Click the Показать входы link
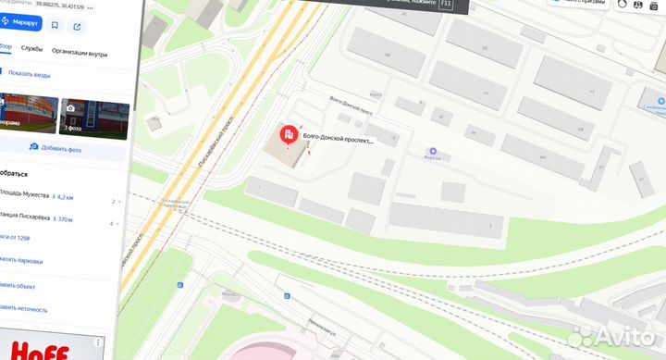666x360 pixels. click(28, 75)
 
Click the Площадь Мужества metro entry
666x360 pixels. click(25, 197)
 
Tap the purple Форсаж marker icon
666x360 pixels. click(431, 152)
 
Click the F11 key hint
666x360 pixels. click(448, 5)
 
